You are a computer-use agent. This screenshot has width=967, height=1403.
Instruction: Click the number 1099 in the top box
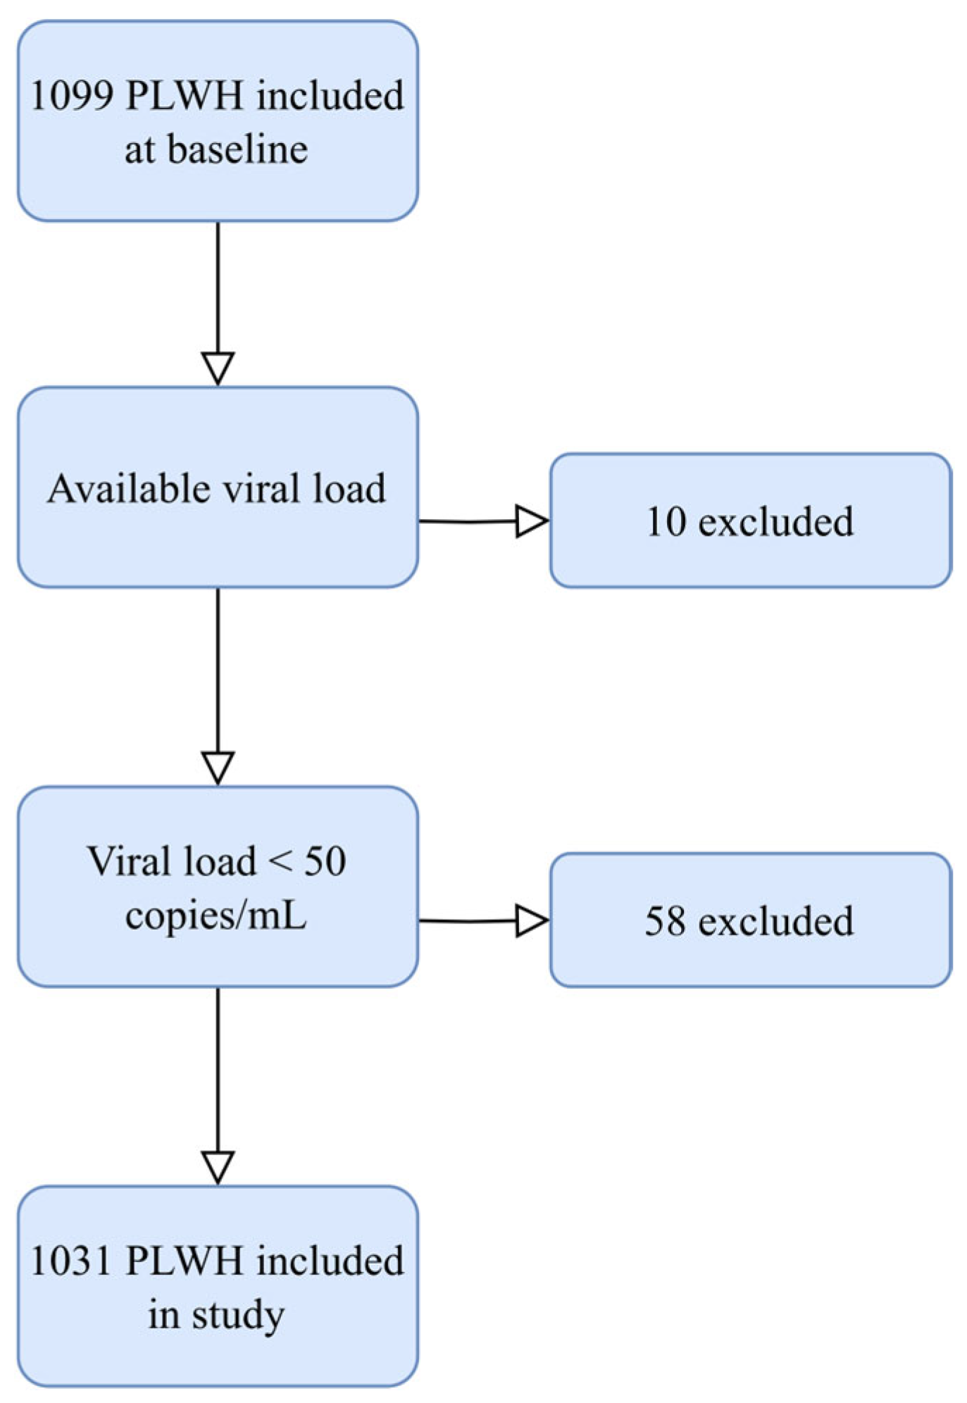pyautogui.click(x=71, y=96)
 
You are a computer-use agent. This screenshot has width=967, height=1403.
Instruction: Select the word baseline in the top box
pyautogui.click(x=237, y=150)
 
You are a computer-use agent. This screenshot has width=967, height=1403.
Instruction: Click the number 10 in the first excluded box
pyautogui.click(x=666, y=522)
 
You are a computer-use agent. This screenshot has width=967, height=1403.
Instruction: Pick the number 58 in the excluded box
pyautogui.click(x=665, y=921)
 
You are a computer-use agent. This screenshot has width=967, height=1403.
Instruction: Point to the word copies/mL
pyautogui.click(x=216, y=916)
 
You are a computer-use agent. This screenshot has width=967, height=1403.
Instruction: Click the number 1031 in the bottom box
pyautogui.click(x=71, y=1261)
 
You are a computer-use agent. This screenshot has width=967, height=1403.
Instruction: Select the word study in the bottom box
pyautogui.click(x=238, y=1315)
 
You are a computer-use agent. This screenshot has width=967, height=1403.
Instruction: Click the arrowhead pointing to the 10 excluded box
pyautogui.click(x=531, y=521)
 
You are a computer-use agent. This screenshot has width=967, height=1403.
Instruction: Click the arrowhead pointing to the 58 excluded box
pyautogui.click(x=531, y=921)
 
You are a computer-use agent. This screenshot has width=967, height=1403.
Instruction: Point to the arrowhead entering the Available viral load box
pyautogui.click(x=218, y=368)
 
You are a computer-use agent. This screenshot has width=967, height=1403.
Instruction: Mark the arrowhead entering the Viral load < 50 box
pyautogui.click(x=218, y=768)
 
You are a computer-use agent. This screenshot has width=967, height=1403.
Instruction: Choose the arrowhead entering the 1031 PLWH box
pyautogui.click(x=218, y=1167)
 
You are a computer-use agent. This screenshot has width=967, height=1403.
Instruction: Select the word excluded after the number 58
pyautogui.click(x=775, y=921)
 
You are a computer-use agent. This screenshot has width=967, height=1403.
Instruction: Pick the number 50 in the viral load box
pyautogui.click(x=325, y=862)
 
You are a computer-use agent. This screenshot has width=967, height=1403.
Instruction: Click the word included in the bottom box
pyautogui.click(x=330, y=1261)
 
